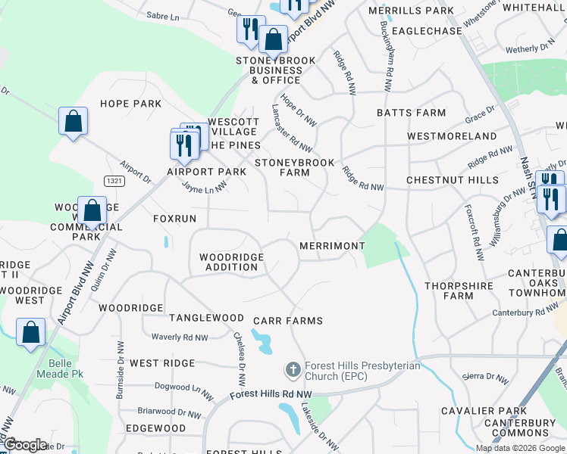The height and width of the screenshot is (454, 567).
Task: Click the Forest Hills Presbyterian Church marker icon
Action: (293, 370)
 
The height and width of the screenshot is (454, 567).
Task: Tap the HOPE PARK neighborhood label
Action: (130, 103)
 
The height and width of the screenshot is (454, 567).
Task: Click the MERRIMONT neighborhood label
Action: (332, 246)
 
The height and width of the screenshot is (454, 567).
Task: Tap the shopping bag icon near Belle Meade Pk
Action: (30, 332)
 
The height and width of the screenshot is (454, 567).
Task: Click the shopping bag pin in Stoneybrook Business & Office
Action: (272, 39)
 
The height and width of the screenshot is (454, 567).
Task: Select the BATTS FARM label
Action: (411, 113)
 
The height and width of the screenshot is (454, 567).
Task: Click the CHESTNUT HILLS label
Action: (452, 180)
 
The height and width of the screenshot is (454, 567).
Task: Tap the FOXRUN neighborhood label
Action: (174, 218)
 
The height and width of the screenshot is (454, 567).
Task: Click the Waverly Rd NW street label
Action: (180, 337)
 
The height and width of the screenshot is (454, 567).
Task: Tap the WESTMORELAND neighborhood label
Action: (452, 136)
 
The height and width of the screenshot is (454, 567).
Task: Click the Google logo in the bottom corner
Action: (25, 444)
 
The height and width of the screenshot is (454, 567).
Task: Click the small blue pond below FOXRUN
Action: (166, 242)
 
